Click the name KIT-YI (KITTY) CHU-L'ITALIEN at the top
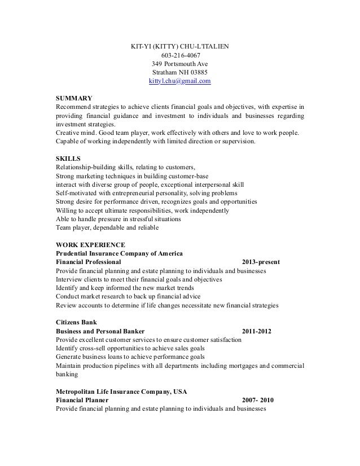(179, 46)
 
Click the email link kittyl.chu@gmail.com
(179, 82)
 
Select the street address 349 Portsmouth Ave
(179, 64)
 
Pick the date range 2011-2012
(256, 331)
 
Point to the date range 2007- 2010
(257, 400)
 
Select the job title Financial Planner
(84, 400)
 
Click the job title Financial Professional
(89, 262)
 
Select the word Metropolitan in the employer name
(78, 391)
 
